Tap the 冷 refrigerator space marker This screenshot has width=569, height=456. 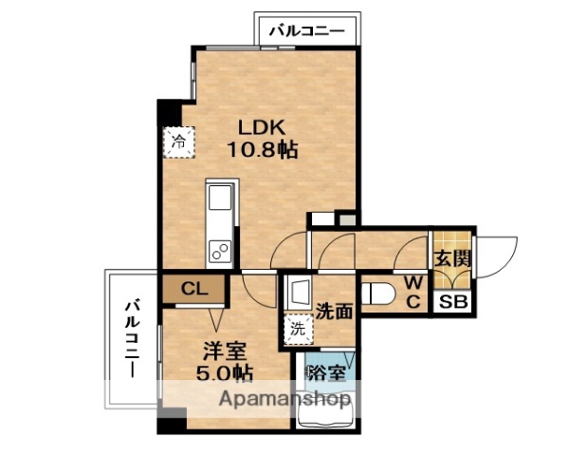pos(177,142)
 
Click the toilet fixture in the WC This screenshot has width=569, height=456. pos(377,292)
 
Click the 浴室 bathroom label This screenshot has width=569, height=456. pos(325,373)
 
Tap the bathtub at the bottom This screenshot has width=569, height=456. pos(324,413)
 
